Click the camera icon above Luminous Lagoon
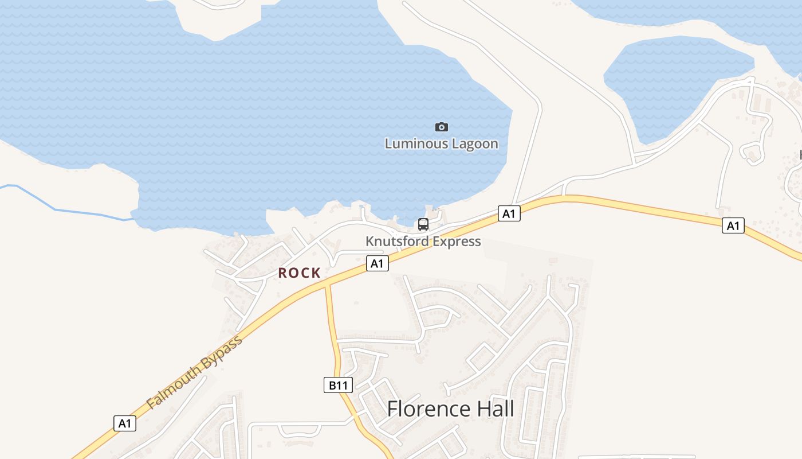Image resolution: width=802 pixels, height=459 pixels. click(441, 127)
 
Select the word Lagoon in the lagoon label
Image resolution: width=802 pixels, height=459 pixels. click(475, 143)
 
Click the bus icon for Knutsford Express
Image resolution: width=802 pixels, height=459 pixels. click(423, 224)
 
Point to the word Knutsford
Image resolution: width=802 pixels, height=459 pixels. click(397, 241)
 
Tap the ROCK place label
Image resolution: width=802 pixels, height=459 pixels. click(299, 273)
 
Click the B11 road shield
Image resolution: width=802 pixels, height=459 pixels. click(338, 385)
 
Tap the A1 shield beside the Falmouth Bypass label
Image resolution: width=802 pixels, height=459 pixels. click(125, 423)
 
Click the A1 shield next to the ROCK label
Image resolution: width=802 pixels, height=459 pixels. click(377, 263)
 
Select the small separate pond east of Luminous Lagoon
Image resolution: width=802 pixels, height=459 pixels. click(676, 86)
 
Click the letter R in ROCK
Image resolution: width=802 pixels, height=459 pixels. click(283, 273)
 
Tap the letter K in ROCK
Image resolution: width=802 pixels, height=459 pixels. click(316, 273)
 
